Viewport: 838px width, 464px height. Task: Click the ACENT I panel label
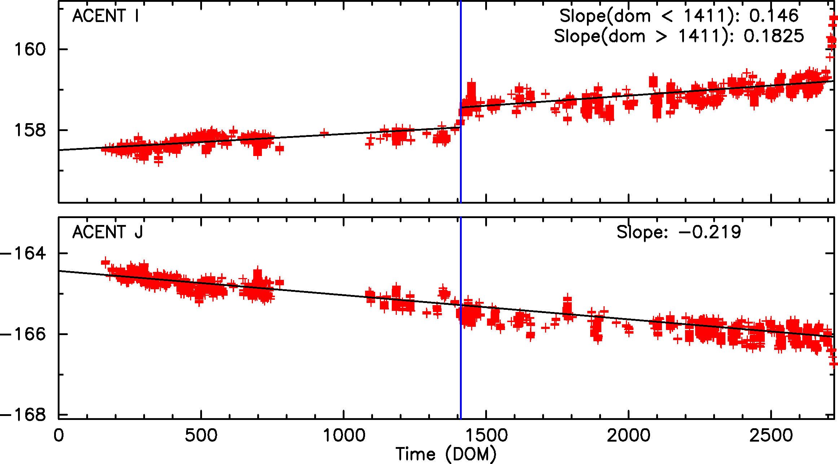[105, 16]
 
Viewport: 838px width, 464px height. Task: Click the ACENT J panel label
[108, 232]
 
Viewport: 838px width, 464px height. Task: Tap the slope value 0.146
[774, 16]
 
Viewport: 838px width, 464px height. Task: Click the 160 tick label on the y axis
[30, 49]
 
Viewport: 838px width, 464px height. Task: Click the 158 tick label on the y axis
[30, 130]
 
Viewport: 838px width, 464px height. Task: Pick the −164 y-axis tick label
[23, 253]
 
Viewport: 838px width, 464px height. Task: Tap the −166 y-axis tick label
[23, 334]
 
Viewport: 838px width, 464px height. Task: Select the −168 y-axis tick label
[23, 415]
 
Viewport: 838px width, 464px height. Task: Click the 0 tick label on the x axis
[58, 435]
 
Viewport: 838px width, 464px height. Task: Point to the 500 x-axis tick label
[201, 435]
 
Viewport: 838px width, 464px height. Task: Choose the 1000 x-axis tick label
[344, 435]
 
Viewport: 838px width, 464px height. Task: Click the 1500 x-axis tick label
[486, 435]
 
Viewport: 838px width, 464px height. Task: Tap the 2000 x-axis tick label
[629, 435]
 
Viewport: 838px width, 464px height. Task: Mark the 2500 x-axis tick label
[771, 435]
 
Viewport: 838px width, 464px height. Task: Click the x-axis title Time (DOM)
[446, 454]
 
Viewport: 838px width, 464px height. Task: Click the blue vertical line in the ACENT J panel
[461, 361]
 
